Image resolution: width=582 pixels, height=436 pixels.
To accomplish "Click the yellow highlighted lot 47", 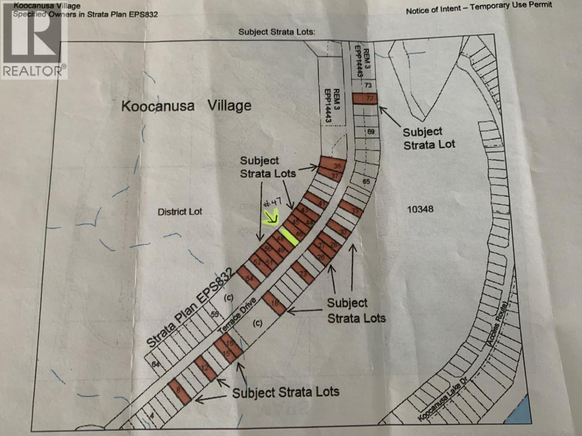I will pyautogui.click(x=290, y=237).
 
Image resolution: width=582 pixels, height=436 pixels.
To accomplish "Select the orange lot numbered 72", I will pyautogui.click(x=365, y=98).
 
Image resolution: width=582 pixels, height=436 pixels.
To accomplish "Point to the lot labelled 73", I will pyautogui.click(x=367, y=85).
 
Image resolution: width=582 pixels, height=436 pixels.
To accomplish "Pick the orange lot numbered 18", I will pyautogui.click(x=275, y=303).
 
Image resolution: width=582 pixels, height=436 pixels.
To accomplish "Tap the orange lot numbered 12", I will pyautogui.click(x=206, y=368).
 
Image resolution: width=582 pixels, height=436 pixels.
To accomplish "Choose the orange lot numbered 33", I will pyautogui.click(x=351, y=209).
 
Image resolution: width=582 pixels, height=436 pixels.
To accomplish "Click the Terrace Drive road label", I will pyautogui.click(x=237, y=315).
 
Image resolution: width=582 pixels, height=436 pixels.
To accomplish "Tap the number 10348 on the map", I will pyautogui.click(x=420, y=209).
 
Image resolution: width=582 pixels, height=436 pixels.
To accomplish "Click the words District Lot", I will pyautogui.click(x=180, y=211).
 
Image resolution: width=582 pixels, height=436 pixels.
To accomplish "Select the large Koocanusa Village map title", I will pyautogui.click(x=186, y=106).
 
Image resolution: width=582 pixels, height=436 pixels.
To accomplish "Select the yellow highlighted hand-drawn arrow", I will pyautogui.click(x=271, y=219).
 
